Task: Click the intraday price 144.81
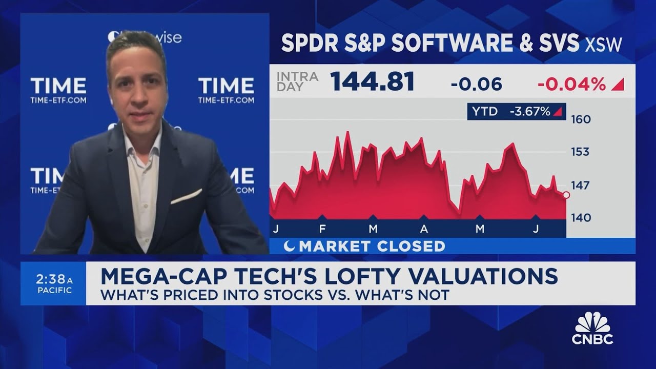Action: (372, 81)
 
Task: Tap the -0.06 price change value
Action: (476, 84)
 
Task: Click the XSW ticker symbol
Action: (605, 45)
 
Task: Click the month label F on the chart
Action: (322, 229)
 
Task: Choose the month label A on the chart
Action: (424, 229)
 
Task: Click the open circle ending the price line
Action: (566, 195)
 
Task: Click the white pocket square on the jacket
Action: (186, 196)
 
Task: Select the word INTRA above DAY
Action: (297, 76)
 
